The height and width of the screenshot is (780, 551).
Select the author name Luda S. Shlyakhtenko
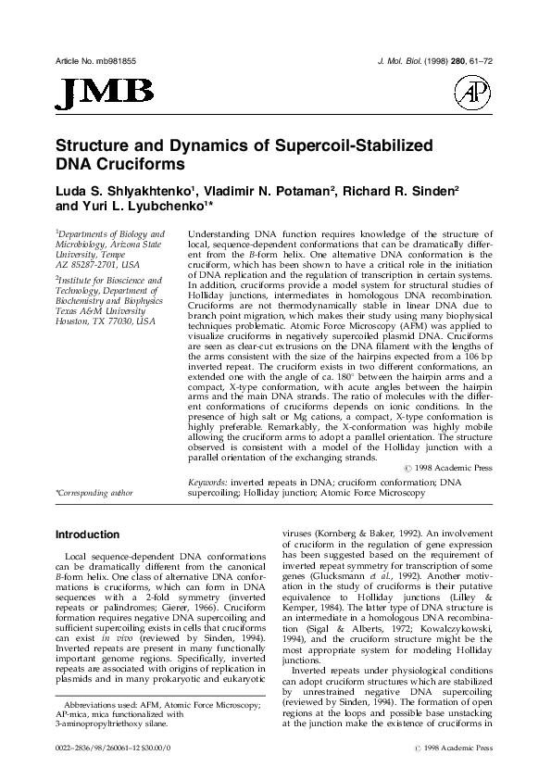(x=121, y=191)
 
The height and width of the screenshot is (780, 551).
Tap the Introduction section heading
(x=88, y=535)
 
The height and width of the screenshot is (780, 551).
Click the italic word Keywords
(x=209, y=484)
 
